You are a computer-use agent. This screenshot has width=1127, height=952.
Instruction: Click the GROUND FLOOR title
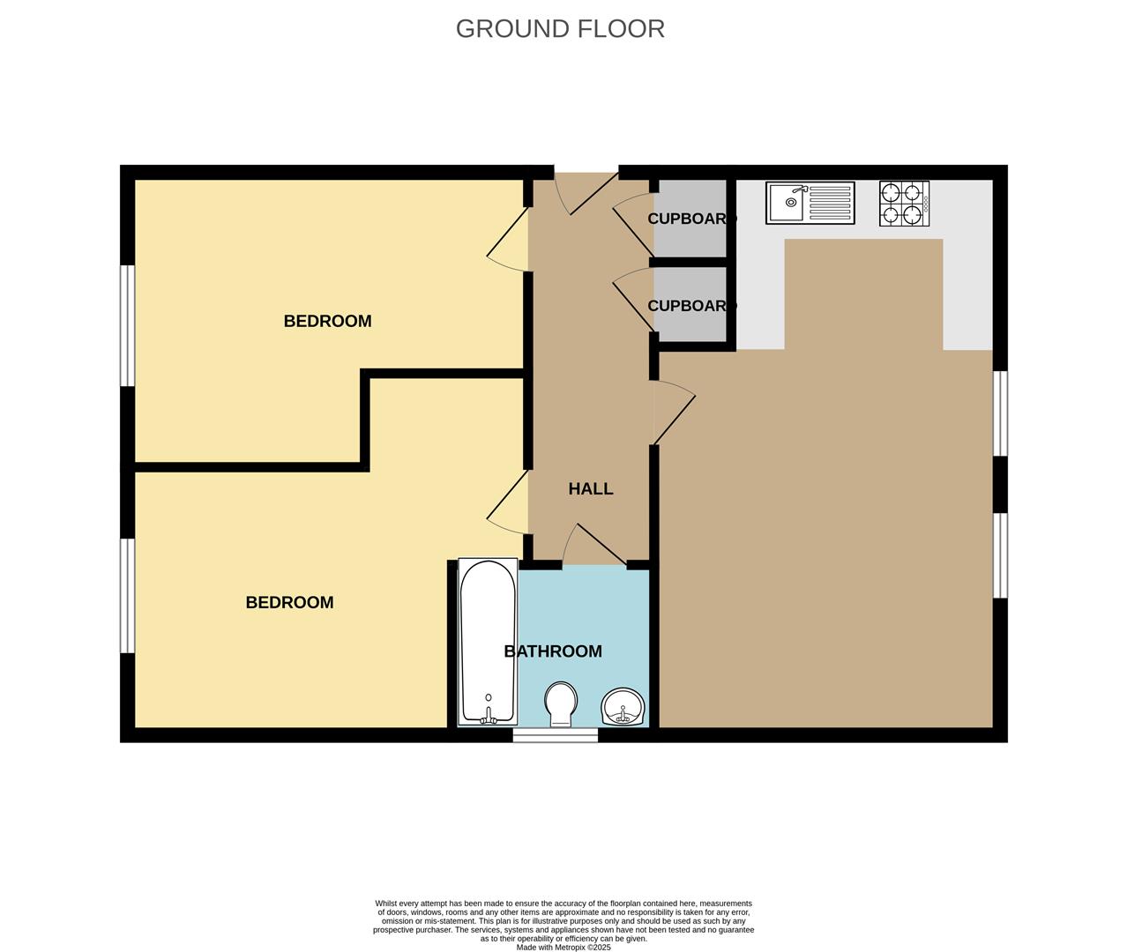560,28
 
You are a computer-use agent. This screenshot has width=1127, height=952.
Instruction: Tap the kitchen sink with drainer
810,203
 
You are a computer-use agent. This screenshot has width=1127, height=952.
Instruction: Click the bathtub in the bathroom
488,642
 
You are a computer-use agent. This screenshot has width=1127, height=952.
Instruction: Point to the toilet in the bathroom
560,703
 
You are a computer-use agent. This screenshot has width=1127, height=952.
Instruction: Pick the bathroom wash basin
623,707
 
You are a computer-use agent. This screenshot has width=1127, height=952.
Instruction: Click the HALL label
590,488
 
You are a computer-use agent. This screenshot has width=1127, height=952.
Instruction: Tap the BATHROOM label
553,651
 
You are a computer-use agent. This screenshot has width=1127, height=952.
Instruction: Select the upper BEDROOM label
327,321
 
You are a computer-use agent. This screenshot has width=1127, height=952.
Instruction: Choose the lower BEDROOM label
289,603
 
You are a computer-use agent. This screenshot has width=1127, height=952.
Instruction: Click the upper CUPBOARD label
691,219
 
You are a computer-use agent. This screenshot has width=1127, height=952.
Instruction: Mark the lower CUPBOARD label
691,306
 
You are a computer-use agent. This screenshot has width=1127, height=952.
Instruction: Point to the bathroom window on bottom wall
556,735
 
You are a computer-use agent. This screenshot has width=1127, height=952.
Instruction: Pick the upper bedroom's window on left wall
128,325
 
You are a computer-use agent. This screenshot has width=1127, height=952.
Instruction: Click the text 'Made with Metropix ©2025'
563,948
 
